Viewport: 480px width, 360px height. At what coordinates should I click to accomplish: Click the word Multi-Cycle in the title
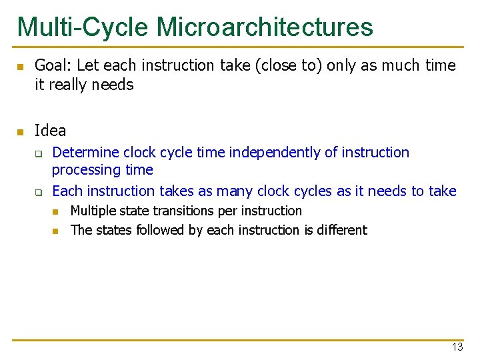point(83,27)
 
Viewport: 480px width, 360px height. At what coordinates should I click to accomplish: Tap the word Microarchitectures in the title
point(265,27)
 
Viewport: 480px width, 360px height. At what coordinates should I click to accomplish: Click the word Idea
point(50,130)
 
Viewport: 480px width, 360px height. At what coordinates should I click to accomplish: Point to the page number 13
point(457,347)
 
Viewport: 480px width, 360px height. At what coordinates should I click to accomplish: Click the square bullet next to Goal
point(20,67)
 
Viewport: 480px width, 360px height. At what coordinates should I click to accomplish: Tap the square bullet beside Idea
point(20,131)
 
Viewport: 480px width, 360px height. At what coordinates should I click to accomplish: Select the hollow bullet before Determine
point(39,153)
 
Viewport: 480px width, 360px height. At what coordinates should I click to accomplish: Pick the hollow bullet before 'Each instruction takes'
point(39,192)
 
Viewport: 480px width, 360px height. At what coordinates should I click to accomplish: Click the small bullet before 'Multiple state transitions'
point(56,211)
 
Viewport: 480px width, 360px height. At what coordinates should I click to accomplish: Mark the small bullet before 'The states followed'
point(56,231)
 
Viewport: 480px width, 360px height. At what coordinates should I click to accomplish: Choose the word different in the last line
point(341,230)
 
